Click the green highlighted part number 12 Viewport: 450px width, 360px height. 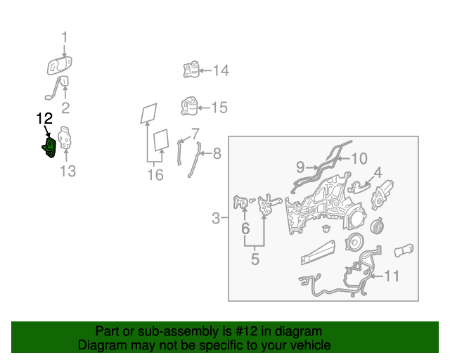49,148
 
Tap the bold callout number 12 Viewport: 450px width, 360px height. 44,118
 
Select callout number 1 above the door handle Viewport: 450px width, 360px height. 65,37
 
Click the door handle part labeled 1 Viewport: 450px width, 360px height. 59,65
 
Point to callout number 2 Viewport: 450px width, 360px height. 65,108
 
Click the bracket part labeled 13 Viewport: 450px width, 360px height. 65,139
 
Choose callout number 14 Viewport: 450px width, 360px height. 221,70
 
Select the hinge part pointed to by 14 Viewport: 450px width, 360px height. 191,69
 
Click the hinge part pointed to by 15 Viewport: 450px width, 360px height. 189,106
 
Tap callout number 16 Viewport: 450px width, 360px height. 155,174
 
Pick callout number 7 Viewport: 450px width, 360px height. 195,134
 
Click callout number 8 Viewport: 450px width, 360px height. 217,153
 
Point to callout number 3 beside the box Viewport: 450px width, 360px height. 216,218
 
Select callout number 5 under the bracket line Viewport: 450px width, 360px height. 255,259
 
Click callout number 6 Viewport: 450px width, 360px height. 245,229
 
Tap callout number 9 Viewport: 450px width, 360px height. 300,167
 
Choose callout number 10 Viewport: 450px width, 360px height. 359,159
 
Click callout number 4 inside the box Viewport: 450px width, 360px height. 378,172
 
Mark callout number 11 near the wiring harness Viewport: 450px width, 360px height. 392,276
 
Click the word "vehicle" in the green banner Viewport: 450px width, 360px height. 313,345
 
